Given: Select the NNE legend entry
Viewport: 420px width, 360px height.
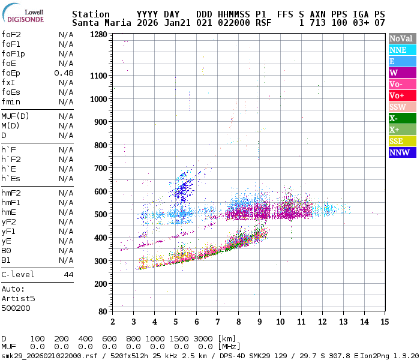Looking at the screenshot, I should [401, 50].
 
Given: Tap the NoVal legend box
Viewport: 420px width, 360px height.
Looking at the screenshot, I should [401, 38].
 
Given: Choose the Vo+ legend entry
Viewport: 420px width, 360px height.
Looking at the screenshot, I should [401, 95].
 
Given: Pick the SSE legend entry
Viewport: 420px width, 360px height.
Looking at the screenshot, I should [401, 141].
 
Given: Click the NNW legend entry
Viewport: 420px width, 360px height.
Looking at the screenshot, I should [401, 152].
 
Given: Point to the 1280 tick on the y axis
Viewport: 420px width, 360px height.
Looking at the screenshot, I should [99, 35].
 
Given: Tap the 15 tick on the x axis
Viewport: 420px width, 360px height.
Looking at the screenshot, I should [385, 322].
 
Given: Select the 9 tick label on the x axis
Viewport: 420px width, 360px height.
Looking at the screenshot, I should [259, 322].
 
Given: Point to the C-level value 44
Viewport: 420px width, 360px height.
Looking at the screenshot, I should [68, 274].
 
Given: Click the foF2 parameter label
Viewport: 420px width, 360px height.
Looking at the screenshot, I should [11, 34].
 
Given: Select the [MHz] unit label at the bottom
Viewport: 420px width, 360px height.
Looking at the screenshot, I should [229, 346].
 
